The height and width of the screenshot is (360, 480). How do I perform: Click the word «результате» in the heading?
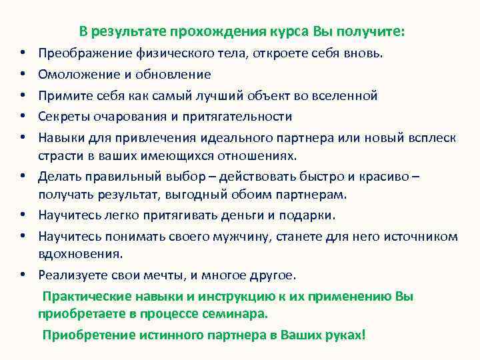pyautogui.click(x=130, y=31)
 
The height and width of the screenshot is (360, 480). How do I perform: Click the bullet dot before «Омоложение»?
pyautogui.click(x=22, y=75)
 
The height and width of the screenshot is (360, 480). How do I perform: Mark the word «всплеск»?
pyautogui.click(x=431, y=138)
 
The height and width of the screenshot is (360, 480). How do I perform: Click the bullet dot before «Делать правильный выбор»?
pyautogui.click(x=22, y=177)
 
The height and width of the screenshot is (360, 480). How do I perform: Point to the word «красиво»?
pyautogui.click(x=393, y=177)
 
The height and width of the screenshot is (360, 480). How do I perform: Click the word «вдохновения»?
pyautogui.click(x=80, y=254)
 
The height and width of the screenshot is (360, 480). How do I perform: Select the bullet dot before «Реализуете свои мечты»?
pyautogui.click(x=22, y=275)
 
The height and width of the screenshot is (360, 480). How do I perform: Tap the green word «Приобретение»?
pyautogui.click(x=81, y=334)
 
